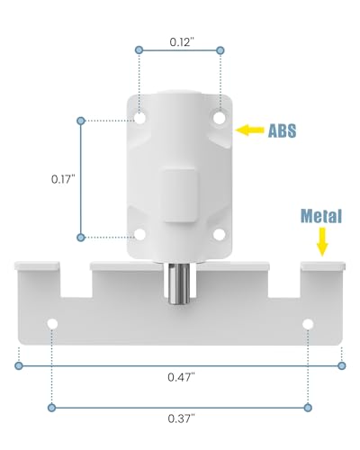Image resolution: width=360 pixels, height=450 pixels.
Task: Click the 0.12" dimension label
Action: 182,42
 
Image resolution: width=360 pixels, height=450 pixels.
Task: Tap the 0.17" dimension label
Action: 63,179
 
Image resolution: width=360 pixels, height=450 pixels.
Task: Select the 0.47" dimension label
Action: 181,377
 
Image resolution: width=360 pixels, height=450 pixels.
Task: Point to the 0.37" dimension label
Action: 181,418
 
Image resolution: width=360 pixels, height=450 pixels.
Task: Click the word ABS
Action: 282,130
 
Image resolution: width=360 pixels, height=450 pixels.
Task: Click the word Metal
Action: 321,216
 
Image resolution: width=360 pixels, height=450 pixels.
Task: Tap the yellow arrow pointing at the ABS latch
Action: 249,130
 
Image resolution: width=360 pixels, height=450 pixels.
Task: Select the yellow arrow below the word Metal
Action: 322,242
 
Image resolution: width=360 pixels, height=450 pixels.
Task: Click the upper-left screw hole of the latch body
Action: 139,118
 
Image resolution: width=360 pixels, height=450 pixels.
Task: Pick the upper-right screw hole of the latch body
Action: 220,117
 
